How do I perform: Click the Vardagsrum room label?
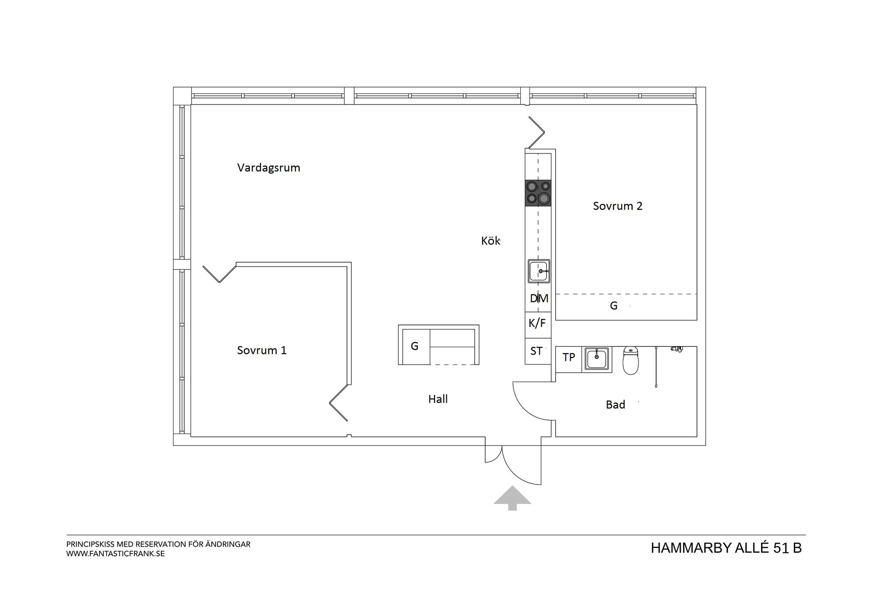(x=269, y=168)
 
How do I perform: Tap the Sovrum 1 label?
(x=262, y=350)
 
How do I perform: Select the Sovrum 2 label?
(x=617, y=206)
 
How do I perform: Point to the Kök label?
(x=491, y=241)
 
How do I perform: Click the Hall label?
(x=438, y=399)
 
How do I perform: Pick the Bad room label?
(x=615, y=404)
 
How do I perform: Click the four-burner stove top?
(x=538, y=193)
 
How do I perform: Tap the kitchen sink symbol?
(x=539, y=271)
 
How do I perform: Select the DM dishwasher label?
(x=539, y=299)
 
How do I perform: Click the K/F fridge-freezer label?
(x=537, y=323)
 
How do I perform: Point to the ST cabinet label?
(x=536, y=351)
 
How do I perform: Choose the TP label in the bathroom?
(x=568, y=357)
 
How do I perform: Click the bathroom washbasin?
(x=597, y=358)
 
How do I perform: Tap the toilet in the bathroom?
(x=631, y=361)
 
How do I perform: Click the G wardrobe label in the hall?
(x=415, y=346)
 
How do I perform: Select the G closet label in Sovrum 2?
(x=613, y=306)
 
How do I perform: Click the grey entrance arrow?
(x=512, y=498)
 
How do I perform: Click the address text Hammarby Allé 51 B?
(x=726, y=548)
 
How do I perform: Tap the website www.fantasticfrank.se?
(x=115, y=554)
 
